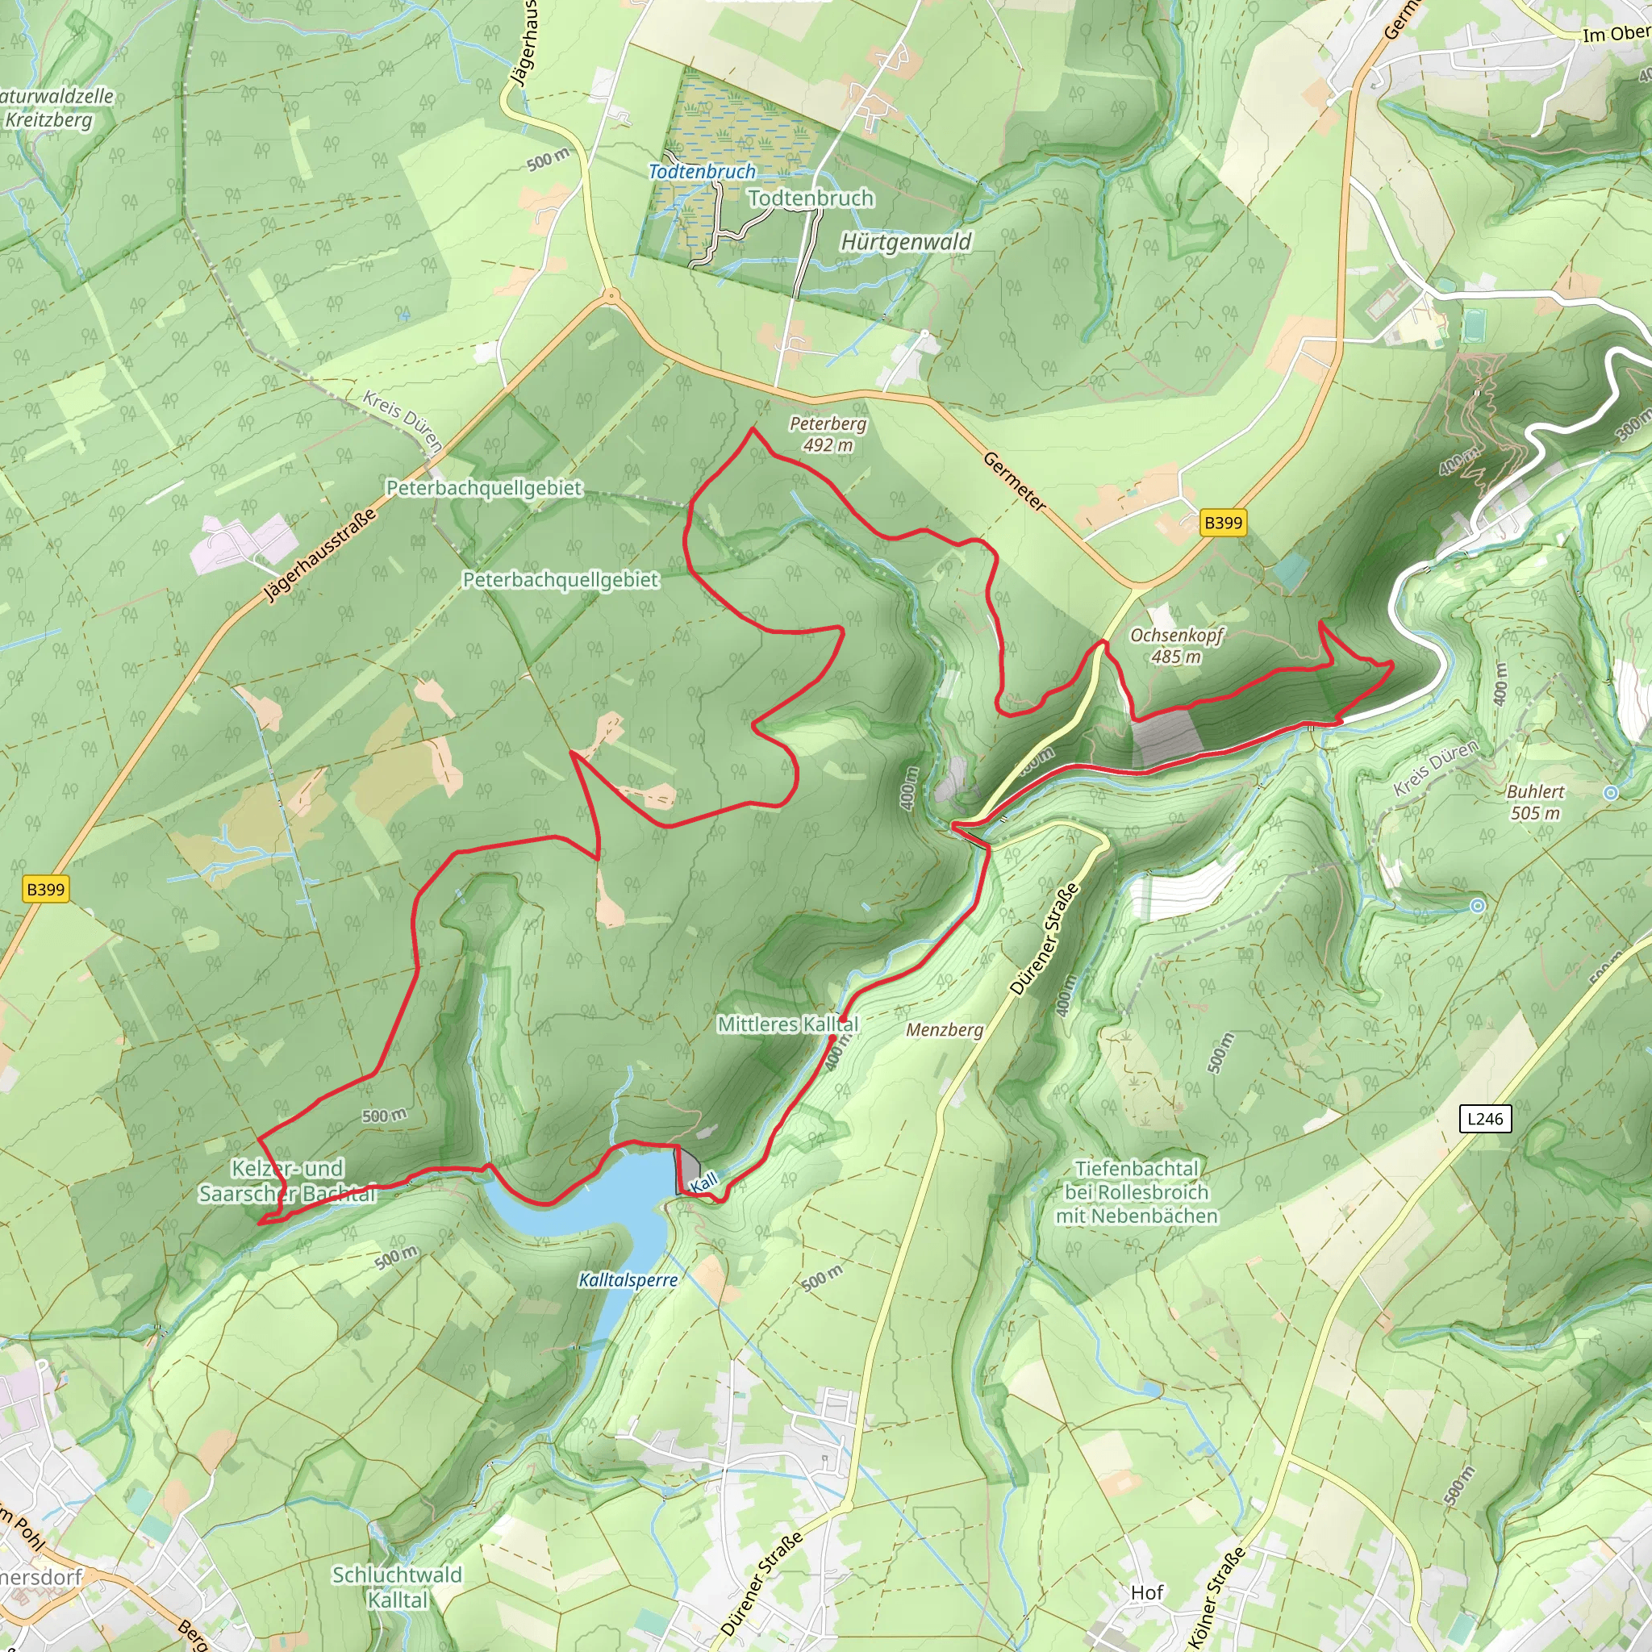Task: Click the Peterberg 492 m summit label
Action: [x=827, y=435]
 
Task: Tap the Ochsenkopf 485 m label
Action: [x=1176, y=645]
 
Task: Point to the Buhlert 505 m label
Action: [x=1535, y=802]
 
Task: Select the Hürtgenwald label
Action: [x=906, y=242]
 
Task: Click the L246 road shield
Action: [x=1484, y=1119]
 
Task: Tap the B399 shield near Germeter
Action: [x=1223, y=524]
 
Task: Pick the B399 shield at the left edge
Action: [x=45, y=889]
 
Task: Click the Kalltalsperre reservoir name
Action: [x=628, y=1280]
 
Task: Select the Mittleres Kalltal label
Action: [x=787, y=1024]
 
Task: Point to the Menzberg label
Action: [x=944, y=1030]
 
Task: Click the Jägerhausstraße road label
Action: [x=319, y=556]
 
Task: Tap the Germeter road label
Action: [x=1014, y=482]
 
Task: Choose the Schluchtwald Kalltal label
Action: [x=397, y=1587]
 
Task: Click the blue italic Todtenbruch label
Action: [x=702, y=172]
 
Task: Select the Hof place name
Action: [x=1147, y=1592]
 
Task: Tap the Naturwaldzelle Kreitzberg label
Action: [x=56, y=108]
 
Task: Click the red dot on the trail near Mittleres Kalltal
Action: [x=832, y=1038]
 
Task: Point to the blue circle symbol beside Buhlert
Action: [x=1611, y=793]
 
